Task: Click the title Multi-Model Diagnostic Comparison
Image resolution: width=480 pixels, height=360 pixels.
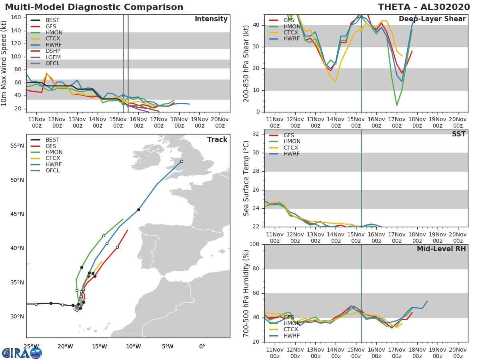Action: coord(94,7)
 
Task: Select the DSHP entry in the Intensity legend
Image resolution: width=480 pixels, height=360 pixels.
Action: coord(53,51)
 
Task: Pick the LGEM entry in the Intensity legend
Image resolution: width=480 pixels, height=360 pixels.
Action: coord(53,57)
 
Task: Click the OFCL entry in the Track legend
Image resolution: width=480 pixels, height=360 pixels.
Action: coord(52,171)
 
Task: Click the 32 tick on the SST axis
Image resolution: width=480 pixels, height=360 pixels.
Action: coord(256,134)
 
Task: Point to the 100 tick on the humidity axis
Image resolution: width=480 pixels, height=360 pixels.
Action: coord(254,244)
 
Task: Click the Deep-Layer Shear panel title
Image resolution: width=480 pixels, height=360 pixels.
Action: coord(432,19)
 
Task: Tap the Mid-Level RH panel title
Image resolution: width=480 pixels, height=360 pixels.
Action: coord(441,249)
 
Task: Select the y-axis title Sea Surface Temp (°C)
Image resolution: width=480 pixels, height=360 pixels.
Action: coord(246,178)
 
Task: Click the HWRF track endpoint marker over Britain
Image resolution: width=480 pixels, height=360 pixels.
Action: coord(182,162)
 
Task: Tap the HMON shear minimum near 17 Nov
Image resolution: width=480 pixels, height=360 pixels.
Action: coord(397,105)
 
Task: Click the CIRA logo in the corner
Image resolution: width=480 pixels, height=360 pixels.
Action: coord(22,353)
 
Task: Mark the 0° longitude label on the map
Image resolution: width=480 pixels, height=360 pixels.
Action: coord(202,346)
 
